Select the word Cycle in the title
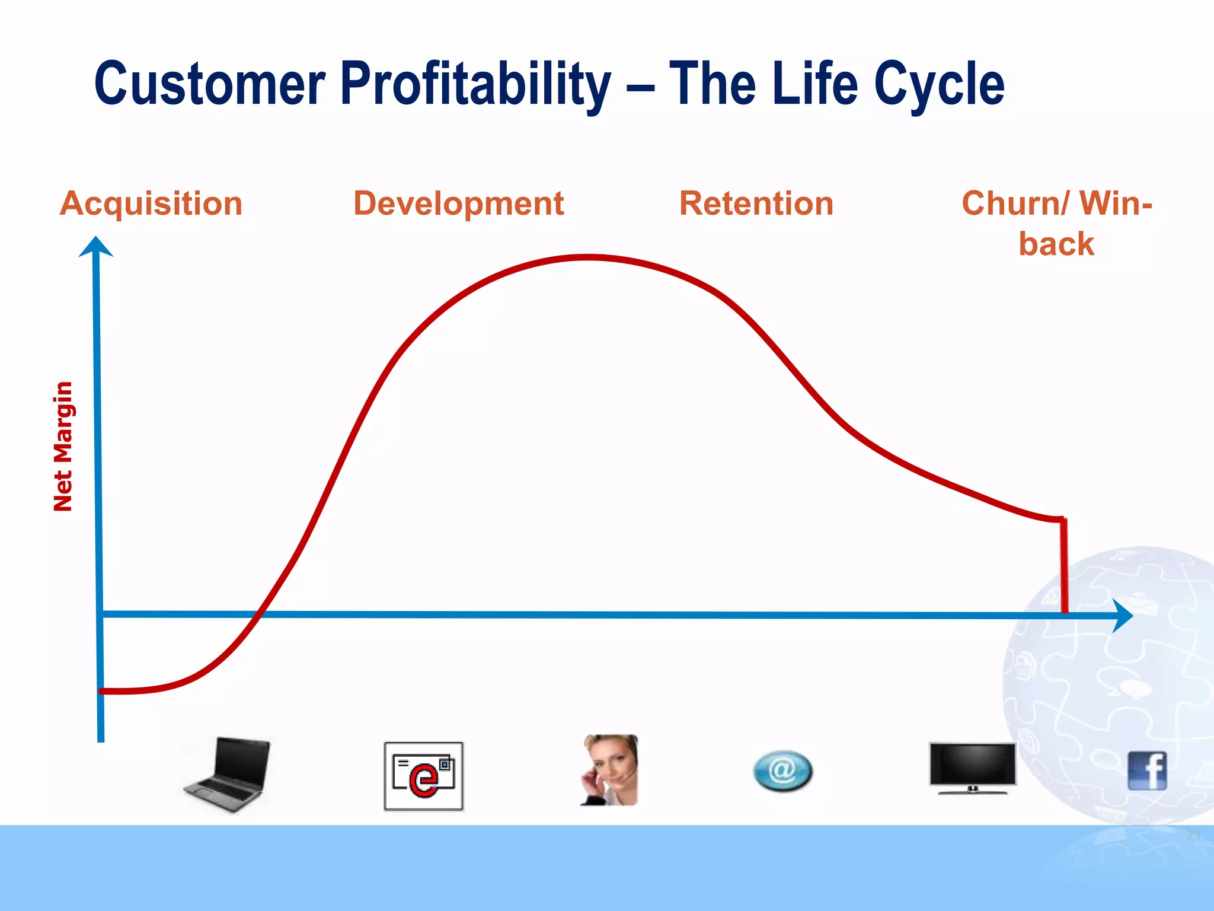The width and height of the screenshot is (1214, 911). pos(940,84)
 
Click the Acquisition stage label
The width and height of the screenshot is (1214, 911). pos(151,203)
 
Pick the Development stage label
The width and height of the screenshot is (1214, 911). pos(458,203)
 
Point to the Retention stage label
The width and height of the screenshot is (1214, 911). pos(756,203)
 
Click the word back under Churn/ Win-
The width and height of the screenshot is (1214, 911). pos(1056,244)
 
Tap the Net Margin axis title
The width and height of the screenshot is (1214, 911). pos(63,446)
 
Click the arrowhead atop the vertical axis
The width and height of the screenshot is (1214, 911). pos(96,246)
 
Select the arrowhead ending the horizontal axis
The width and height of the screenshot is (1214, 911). pos(1122,616)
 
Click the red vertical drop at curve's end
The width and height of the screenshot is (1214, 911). pos(1064,566)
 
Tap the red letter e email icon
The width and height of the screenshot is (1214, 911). pos(423,776)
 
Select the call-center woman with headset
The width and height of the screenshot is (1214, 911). pos(609,770)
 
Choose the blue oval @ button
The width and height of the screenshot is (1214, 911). pos(782,771)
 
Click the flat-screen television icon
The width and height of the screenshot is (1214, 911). pos(972,767)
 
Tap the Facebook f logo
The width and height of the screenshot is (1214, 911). pos(1147,770)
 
